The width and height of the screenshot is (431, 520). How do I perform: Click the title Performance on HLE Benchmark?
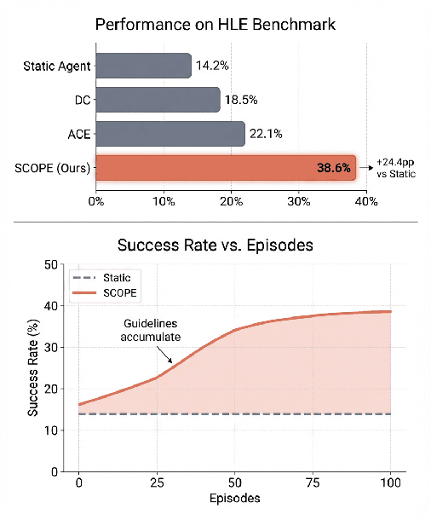pos(215,24)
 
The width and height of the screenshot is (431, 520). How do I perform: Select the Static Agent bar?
pos(143,66)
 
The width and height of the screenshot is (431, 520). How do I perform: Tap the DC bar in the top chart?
pos(158,100)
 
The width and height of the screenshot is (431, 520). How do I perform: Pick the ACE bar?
pos(170,133)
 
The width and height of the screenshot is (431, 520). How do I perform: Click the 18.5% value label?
pos(242,100)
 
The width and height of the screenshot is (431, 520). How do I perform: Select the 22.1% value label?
pos(267,133)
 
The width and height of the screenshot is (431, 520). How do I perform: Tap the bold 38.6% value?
pos(333,169)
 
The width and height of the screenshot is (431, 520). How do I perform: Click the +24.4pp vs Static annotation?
pos(397,169)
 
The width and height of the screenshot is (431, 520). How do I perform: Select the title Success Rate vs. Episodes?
pos(216,245)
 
